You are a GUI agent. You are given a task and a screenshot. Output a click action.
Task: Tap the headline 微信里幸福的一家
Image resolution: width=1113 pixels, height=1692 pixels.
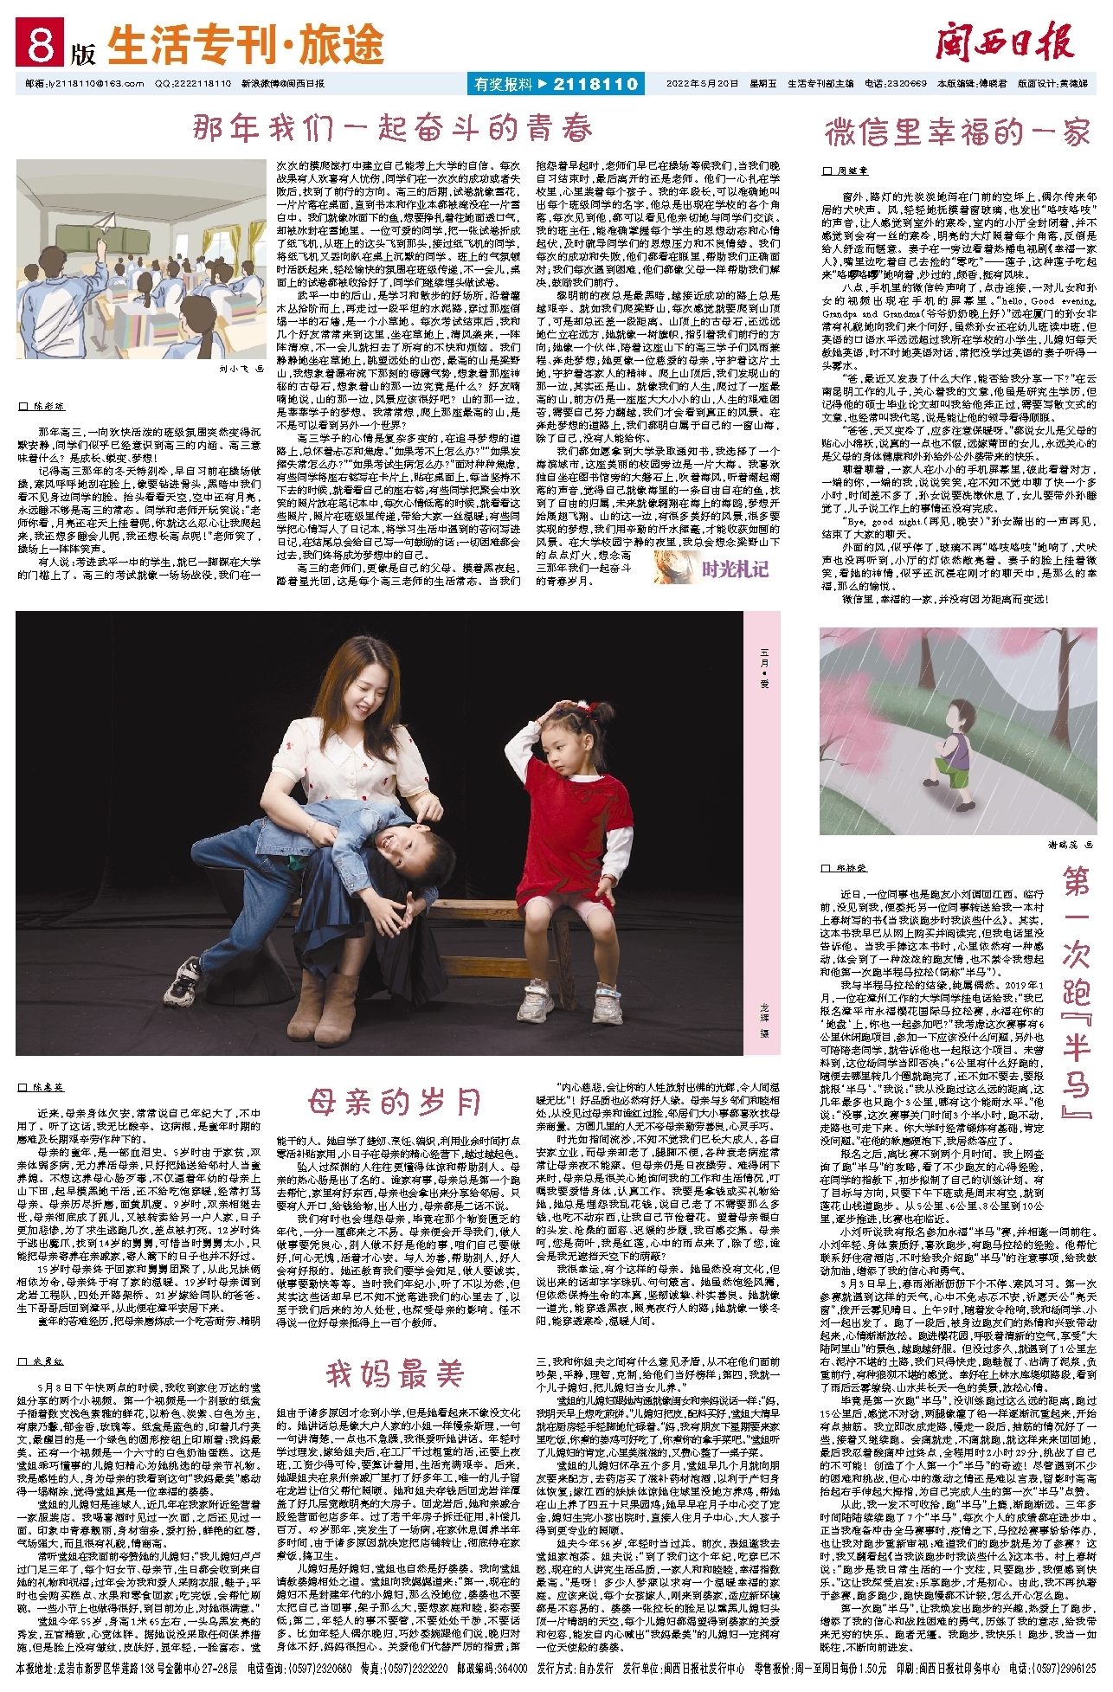[x=956, y=132]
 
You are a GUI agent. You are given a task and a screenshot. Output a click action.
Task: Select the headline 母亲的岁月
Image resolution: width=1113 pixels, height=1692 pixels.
[x=394, y=1103]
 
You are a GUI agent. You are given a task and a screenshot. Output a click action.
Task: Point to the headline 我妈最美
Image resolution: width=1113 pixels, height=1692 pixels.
[x=395, y=1374]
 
